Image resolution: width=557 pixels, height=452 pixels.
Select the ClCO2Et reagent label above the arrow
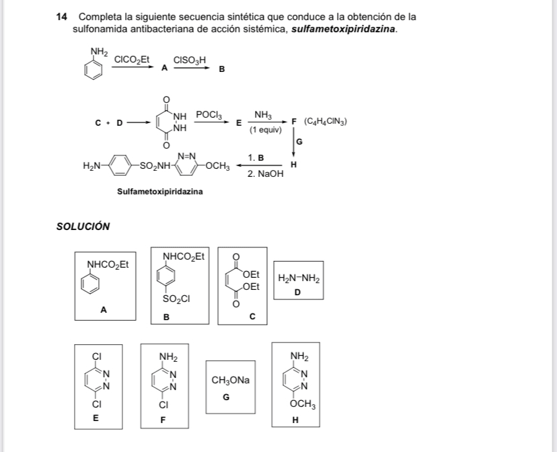coord(131,60)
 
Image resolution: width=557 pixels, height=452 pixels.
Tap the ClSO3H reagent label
coord(189,60)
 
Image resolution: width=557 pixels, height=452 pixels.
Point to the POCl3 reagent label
coord(209,115)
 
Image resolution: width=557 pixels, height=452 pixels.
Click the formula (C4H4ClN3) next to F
coord(326,122)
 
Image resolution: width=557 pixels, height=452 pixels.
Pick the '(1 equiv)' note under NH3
coord(264,130)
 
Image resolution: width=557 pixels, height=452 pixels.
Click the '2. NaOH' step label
coord(265,174)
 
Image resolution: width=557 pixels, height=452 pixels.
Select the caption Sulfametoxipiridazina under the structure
coord(160,192)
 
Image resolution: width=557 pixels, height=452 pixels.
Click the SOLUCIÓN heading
coord(83,227)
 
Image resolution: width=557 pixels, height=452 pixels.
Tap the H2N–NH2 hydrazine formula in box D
coord(299,279)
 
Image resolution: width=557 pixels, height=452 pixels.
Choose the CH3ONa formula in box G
coord(230,381)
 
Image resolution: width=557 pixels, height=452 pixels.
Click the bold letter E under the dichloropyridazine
coord(96,418)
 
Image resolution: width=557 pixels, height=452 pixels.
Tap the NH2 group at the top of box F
coord(168,356)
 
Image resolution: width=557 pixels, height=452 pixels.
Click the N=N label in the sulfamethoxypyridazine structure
coord(187,156)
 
